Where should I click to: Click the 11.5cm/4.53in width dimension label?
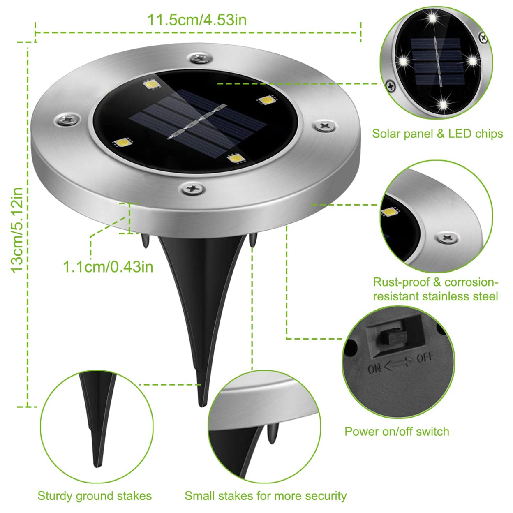coord(197,20)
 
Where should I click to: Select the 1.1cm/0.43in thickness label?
coord(108,267)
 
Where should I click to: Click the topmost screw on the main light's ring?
coord(200,58)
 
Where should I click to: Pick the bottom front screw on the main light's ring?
coord(192,189)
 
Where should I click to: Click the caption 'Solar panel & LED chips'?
coord(437,134)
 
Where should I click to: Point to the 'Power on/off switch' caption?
coord(397,431)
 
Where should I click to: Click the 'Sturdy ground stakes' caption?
coord(95,496)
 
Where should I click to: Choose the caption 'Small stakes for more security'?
coord(266,496)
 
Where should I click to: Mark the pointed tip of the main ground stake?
coord(201,404)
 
